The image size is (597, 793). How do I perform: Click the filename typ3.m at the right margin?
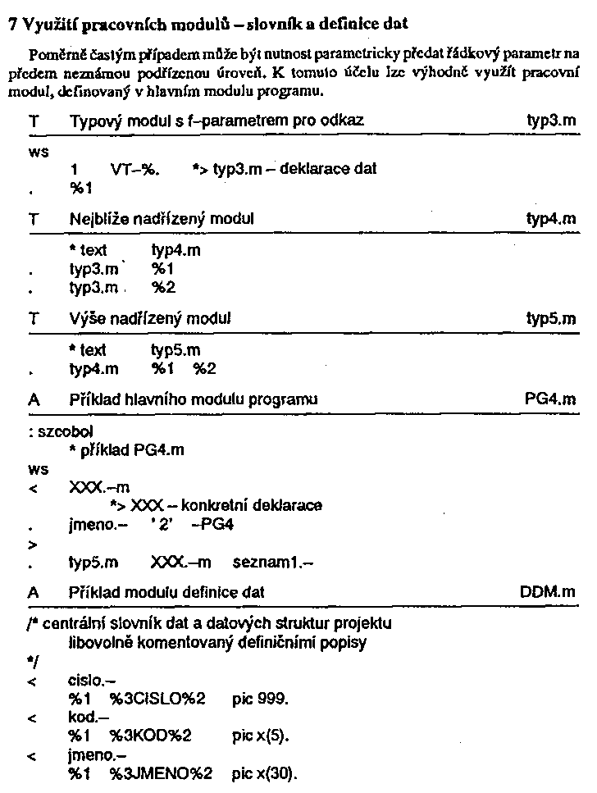click(x=551, y=121)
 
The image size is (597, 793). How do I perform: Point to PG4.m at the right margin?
click(x=549, y=399)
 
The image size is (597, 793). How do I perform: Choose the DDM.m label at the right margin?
click(x=548, y=591)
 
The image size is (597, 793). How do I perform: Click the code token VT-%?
click(x=135, y=170)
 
